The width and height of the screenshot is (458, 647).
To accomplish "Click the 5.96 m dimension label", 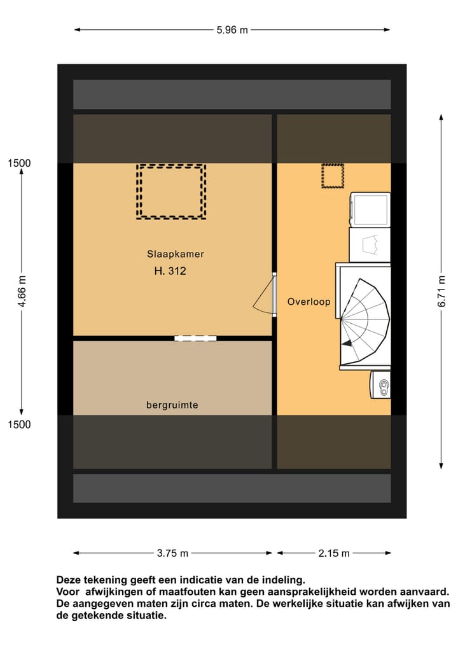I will click(x=232, y=29).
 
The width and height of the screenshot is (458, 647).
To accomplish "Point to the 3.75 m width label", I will click(x=172, y=553).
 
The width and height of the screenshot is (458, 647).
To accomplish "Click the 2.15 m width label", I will click(x=334, y=553).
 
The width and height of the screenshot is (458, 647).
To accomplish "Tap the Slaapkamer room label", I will click(x=176, y=254).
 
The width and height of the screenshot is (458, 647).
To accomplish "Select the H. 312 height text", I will click(x=170, y=271).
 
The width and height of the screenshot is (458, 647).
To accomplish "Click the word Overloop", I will click(x=309, y=302).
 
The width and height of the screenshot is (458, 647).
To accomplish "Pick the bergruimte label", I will click(x=172, y=405).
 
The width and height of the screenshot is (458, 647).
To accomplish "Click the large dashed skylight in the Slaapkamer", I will click(x=171, y=191).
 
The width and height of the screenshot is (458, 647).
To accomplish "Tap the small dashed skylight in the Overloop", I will click(x=332, y=176).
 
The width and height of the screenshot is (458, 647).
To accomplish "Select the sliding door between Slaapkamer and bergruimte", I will click(x=195, y=338).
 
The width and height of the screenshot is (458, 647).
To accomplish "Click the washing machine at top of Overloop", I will click(x=370, y=209).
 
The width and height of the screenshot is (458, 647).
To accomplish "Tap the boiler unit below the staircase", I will click(x=381, y=384).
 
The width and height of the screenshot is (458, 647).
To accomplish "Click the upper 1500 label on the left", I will click(x=19, y=163).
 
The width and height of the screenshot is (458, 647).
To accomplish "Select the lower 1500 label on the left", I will click(x=19, y=425).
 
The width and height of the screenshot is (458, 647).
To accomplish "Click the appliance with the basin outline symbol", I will click(x=370, y=244).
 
